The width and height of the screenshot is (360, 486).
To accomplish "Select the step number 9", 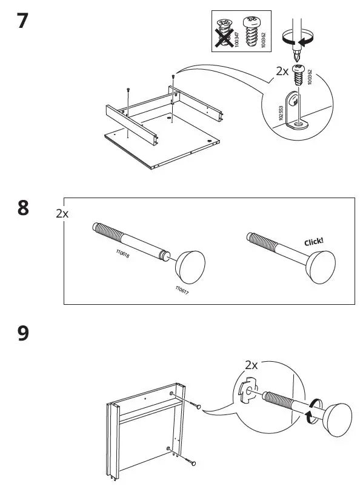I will [x=22, y=333].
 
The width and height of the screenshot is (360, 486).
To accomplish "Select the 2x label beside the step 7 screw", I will [x=282, y=72].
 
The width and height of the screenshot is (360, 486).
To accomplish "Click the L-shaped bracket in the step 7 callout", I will [x=296, y=112].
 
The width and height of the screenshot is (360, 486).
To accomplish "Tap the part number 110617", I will [x=182, y=290].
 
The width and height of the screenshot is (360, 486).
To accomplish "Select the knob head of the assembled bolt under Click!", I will [x=321, y=264].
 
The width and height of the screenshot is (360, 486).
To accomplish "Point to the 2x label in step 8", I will [x=62, y=213].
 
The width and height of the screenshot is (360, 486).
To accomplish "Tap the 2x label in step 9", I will [x=252, y=365].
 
